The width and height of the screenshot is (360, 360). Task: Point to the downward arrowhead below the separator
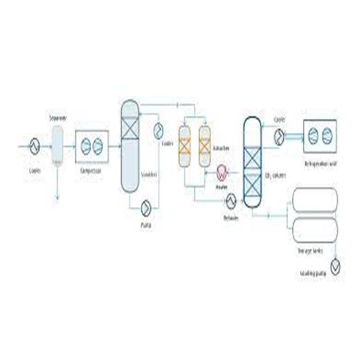pos(57,197)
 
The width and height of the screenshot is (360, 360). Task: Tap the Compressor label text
pos(91,169)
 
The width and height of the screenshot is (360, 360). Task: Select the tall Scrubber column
pos(130,146)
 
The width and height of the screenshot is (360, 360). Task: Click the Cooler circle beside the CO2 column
pos(279,136)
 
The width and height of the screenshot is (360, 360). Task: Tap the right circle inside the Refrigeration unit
pos(328,136)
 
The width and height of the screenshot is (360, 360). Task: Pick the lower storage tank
pos(315,230)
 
